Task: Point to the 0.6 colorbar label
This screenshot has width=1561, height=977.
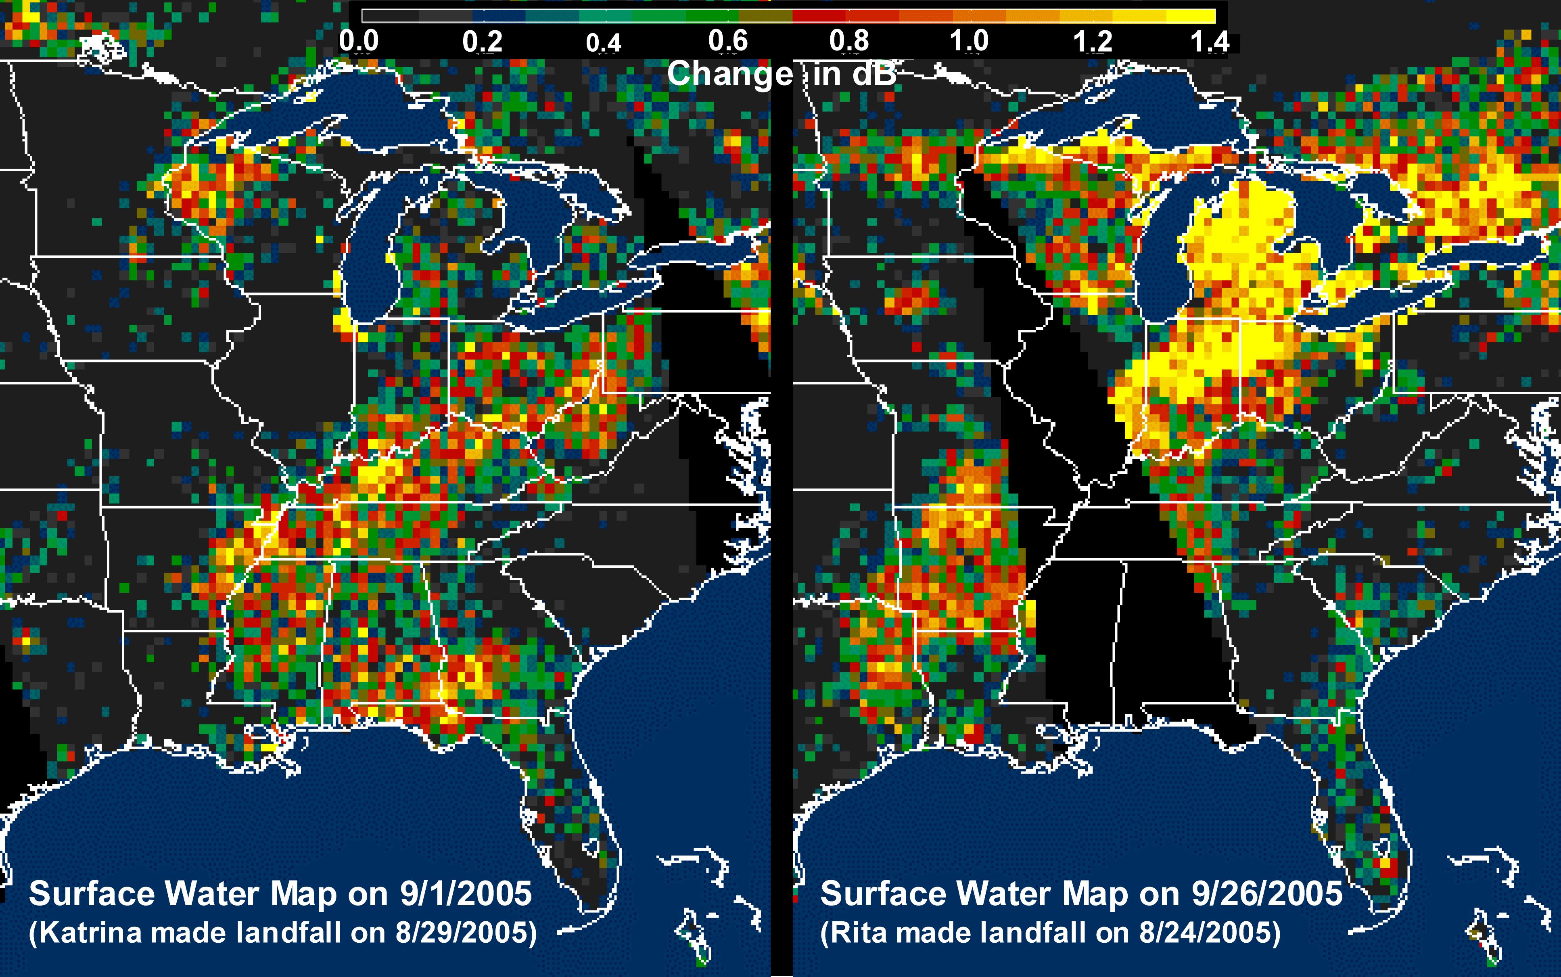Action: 728,41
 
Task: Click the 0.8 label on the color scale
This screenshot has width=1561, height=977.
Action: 848,41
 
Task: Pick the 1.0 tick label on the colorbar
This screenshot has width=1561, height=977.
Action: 969,41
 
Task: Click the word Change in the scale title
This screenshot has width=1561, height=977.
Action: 729,74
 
